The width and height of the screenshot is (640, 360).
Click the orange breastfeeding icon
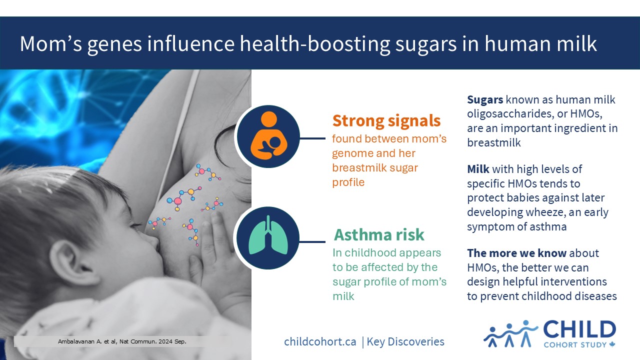coord(269,136)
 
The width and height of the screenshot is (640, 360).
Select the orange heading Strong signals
coord(386,121)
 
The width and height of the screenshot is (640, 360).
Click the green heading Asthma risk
coord(379,235)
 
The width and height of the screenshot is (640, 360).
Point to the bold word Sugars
coord(485,99)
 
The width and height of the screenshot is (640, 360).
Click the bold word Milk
coord(478,169)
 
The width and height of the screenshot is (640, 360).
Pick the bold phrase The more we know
coord(516,253)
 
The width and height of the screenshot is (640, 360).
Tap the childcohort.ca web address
coord(320,341)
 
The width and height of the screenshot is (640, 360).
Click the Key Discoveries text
coord(405,341)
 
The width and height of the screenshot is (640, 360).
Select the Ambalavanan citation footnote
coord(122,341)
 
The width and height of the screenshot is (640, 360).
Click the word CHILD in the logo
coord(579,329)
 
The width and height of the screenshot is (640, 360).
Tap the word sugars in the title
coord(425,44)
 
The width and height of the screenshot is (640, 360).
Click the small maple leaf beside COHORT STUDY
coord(612,344)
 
